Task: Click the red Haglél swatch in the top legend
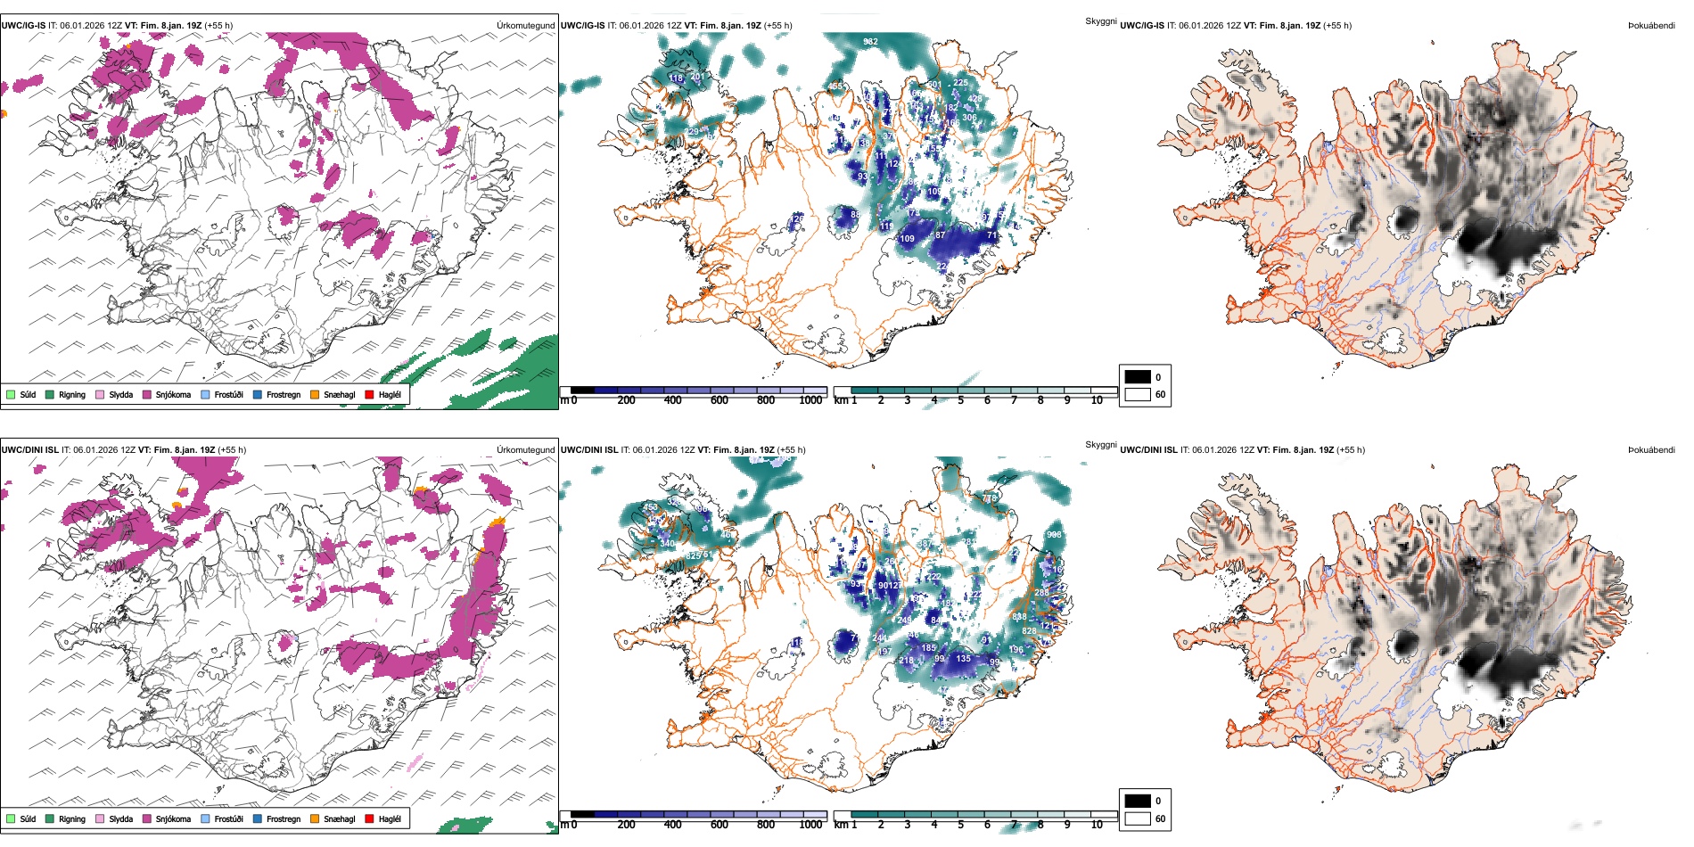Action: (x=369, y=395)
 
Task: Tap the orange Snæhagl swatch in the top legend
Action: (x=315, y=395)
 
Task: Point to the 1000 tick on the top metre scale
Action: (x=810, y=400)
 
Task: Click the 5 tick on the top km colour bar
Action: (x=960, y=400)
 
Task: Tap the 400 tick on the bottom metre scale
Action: (x=672, y=825)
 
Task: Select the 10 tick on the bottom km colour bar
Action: (x=1097, y=825)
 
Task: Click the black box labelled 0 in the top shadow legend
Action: (x=1138, y=377)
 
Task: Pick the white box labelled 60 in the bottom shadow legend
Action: (x=1138, y=818)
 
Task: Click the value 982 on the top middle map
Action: (x=870, y=42)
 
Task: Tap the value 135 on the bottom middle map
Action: (x=963, y=659)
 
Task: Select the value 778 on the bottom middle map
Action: (x=990, y=498)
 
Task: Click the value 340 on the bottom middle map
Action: (x=667, y=543)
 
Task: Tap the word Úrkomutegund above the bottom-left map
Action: (x=525, y=450)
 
